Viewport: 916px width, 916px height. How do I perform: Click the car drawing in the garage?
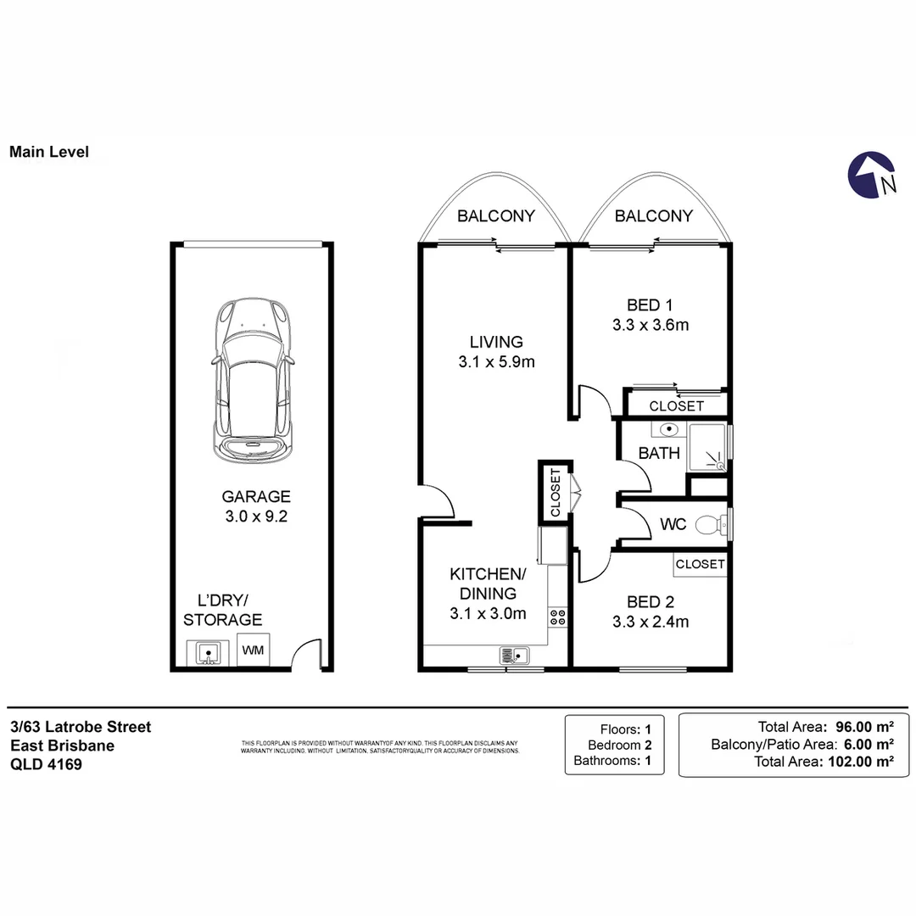click(253, 380)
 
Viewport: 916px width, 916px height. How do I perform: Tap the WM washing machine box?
click(253, 651)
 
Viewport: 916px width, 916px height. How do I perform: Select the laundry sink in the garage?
click(208, 653)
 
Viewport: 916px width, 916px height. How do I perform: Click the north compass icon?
click(873, 176)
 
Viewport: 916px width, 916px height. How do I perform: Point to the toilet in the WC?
click(709, 525)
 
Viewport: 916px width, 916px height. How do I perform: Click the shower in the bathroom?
click(709, 448)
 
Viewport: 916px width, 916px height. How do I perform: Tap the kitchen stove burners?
click(558, 617)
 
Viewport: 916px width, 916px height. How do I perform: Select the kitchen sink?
click(515, 655)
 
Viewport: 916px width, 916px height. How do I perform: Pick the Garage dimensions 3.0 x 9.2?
click(256, 517)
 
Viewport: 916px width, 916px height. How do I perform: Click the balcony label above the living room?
click(495, 216)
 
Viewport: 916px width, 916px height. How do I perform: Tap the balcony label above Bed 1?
click(653, 216)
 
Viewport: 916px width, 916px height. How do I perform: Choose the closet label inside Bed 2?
click(701, 564)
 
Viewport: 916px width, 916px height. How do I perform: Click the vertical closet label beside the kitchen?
click(556, 493)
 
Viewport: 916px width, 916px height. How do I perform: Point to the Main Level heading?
click(48, 153)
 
